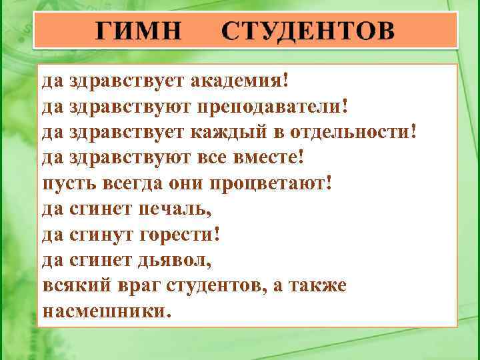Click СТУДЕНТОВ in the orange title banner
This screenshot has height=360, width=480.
tap(308, 31)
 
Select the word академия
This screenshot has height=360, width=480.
tap(240, 81)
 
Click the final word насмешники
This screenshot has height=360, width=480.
tap(106, 311)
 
